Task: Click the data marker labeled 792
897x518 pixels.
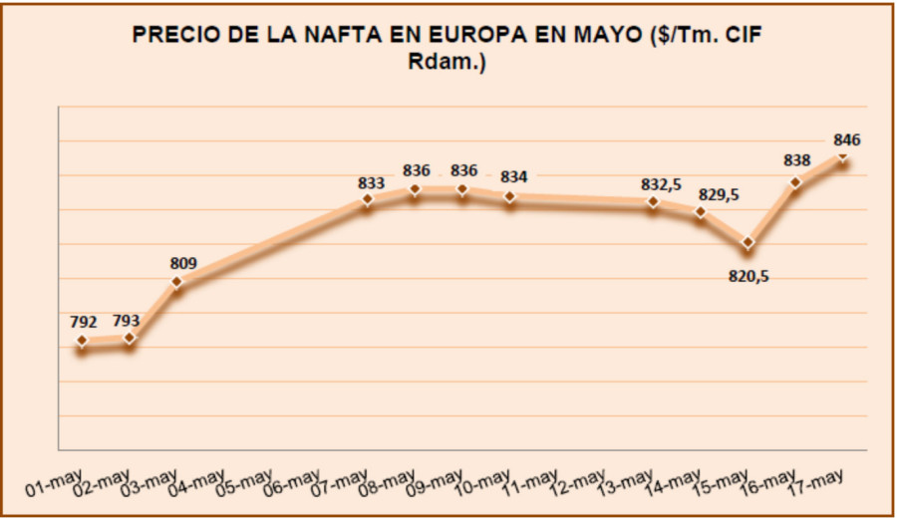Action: [x=82, y=342]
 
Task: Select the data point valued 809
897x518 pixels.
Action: [x=177, y=282]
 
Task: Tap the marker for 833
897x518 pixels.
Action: [x=368, y=199]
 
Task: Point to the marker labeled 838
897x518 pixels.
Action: [x=795, y=182]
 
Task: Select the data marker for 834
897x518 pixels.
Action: [x=510, y=196]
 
